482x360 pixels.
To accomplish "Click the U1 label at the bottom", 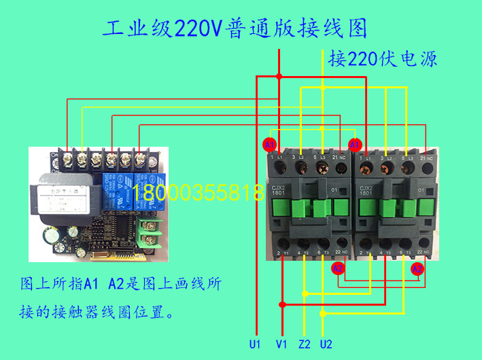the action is (x=255, y=344).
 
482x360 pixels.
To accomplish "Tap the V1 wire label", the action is (x=281, y=344).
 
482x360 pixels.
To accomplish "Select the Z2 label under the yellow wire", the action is (x=305, y=344).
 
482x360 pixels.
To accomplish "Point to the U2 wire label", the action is (x=326, y=344).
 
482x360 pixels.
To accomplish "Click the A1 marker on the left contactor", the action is (x=269, y=145).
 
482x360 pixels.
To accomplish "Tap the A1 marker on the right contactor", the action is (x=354, y=145).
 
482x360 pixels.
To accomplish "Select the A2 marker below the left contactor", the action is (x=337, y=269).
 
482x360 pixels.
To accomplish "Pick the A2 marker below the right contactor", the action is (x=417, y=269).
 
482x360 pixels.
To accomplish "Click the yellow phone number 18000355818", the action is (x=199, y=192).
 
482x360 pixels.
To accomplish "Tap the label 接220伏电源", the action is (x=382, y=58).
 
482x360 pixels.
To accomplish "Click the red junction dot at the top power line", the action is (x=279, y=77).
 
